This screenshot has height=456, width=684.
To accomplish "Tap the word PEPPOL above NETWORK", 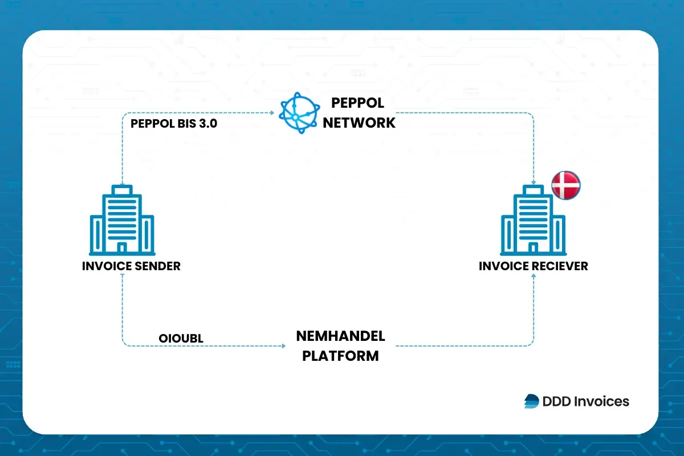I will [x=357, y=103].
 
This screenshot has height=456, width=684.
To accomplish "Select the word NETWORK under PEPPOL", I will [x=359, y=123].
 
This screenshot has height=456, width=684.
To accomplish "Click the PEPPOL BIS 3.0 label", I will [x=174, y=124].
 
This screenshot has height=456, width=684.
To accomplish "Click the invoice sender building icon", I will [x=122, y=220].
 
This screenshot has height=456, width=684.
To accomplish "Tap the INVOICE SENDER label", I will [x=131, y=266].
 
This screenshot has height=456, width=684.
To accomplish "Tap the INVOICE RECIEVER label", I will [x=534, y=266].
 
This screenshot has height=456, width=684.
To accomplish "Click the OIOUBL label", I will [x=181, y=339].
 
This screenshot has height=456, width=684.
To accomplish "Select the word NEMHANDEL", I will [x=340, y=336].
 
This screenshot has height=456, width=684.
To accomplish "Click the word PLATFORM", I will [x=340, y=356].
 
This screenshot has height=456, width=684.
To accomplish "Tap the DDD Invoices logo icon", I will [x=531, y=401].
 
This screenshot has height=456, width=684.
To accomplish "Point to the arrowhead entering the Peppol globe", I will [x=272, y=113].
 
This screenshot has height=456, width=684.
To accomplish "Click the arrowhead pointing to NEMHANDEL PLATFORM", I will [x=283, y=345].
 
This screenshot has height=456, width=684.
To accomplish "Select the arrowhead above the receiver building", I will [x=534, y=183].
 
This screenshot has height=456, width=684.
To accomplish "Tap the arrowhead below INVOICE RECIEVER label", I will [x=534, y=275].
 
